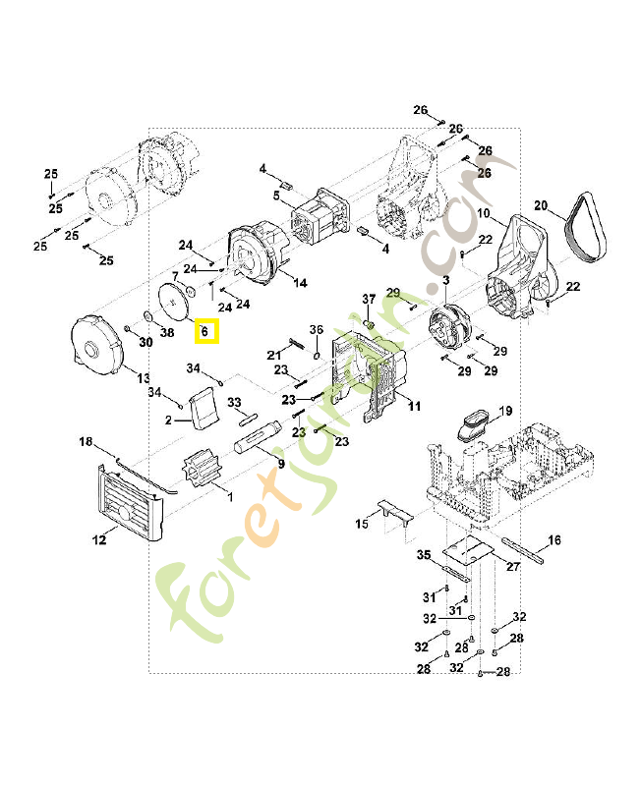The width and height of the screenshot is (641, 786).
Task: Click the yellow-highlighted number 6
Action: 206,331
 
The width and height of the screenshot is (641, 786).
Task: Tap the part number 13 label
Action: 143,378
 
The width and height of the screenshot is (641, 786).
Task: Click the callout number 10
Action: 484,213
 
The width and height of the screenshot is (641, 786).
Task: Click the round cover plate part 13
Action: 98,345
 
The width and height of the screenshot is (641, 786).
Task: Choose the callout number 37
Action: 369,299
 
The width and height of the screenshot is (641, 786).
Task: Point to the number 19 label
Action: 505,410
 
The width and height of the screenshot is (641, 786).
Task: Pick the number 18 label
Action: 86,442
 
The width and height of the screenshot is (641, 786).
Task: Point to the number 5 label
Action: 276,196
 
